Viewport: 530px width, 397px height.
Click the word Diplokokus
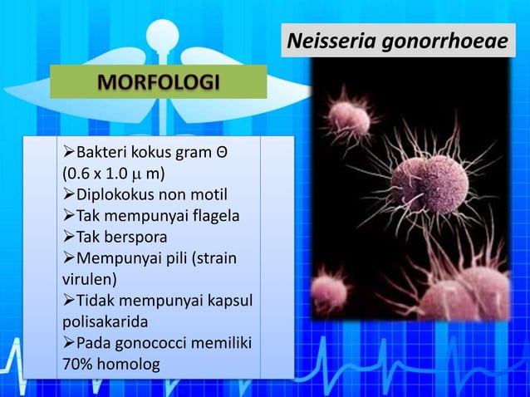112,196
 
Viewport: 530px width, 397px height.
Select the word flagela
211,217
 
